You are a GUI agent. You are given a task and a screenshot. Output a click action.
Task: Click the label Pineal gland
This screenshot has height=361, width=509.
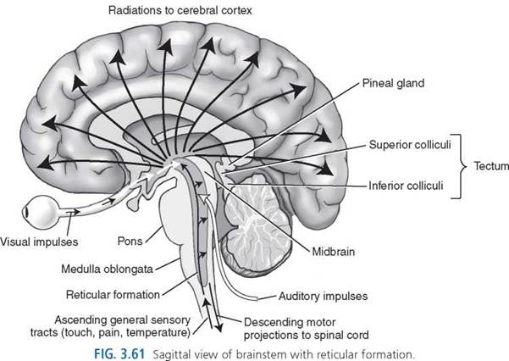(393, 83)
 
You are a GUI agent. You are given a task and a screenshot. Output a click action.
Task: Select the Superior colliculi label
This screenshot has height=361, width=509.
(410, 145)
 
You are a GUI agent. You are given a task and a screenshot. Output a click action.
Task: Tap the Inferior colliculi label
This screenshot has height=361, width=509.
(406, 186)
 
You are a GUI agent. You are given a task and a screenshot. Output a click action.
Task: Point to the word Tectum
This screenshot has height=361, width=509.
(491, 166)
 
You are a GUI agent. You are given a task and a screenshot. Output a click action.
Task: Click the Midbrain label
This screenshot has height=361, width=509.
(334, 252)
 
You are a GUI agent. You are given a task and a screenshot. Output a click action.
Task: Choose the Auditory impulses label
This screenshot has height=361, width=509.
(324, 296)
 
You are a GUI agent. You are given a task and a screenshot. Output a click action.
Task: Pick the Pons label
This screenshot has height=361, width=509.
(130, 242)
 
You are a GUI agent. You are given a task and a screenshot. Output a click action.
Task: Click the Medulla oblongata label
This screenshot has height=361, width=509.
(107, 269)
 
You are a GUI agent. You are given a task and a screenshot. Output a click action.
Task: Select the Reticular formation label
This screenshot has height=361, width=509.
(113, 295)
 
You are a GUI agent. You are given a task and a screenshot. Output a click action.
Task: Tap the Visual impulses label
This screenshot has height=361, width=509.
(39, 242)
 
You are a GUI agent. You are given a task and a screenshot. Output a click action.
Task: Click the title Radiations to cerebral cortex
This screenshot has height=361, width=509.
(180, 10)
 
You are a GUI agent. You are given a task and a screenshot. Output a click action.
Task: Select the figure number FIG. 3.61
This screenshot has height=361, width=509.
(119, 354)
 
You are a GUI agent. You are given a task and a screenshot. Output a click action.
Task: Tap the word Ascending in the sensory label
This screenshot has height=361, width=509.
(81, 320)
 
